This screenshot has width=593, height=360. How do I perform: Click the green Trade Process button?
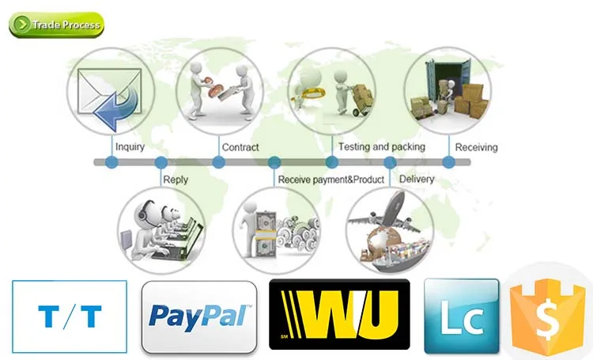point(56,25)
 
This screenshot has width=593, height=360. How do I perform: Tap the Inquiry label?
point(130,147)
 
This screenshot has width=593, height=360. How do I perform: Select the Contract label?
point(240,147)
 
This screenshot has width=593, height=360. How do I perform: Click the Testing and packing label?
point(381,147)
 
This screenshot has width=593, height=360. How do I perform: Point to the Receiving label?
point(477,147)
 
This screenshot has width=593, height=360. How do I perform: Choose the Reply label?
point(176,180)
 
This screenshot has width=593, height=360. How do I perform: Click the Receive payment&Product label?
point(330,180)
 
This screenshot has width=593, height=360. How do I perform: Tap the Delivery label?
point(417,180)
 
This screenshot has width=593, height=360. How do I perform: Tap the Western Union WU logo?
point(339,315)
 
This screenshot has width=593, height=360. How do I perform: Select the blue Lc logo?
point(462,316)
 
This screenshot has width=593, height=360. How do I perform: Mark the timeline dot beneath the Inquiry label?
point(111,162)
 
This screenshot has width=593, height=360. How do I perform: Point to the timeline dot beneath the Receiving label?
point(448,162)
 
